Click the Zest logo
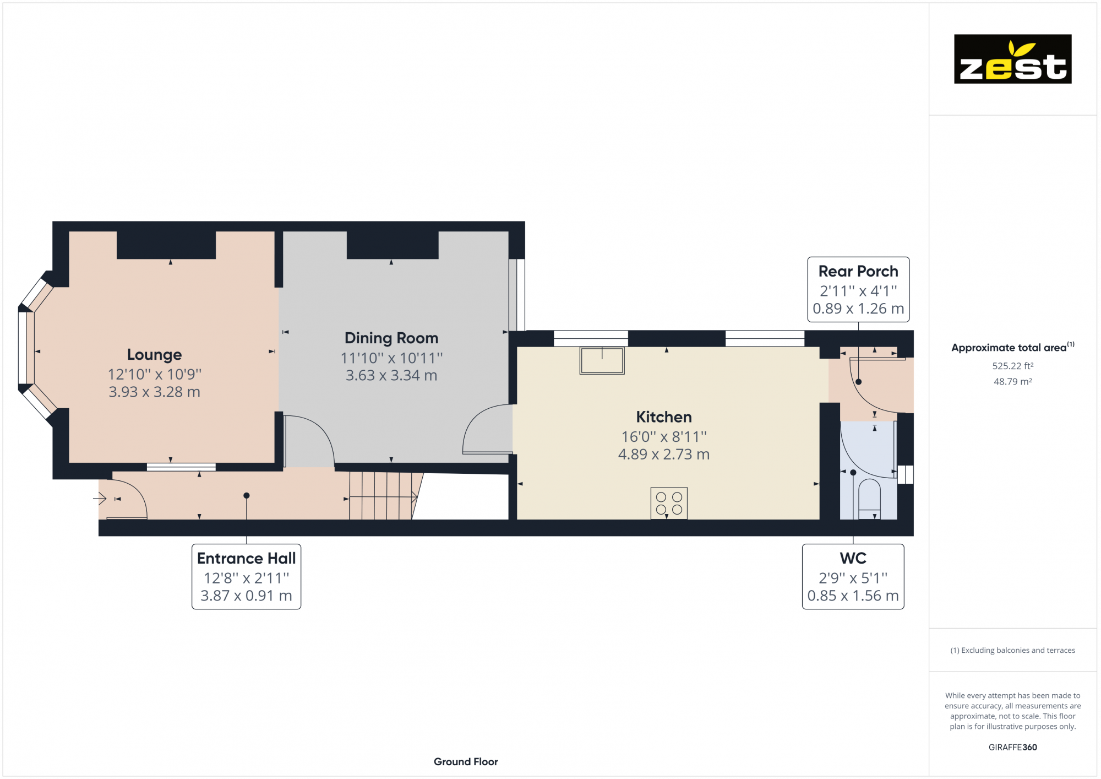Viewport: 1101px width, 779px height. pos(1012,59)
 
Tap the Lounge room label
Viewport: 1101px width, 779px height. pos(154,355)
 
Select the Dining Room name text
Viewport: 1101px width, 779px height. pos(391,338)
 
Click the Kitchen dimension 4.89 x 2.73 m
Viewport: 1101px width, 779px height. pos(663,455)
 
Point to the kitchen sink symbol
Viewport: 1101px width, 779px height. pos(602,360)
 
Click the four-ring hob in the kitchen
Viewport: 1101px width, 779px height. pos(669,503)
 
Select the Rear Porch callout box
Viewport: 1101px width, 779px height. pos(858,289)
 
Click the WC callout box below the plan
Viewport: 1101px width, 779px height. pos(853,576)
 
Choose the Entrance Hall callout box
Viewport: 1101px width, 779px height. pos(246,576)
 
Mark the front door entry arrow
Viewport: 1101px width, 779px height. pos(100,499)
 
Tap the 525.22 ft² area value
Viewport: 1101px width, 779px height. pos(1012,366)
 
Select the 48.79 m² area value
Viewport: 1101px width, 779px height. pos(1012,381)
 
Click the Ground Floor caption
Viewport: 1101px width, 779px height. pos(466,761)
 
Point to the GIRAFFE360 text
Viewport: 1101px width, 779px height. pos(1012,747)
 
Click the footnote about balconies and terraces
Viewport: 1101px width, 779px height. pos(1012,650)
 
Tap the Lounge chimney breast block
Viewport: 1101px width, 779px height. pos(166,245)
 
